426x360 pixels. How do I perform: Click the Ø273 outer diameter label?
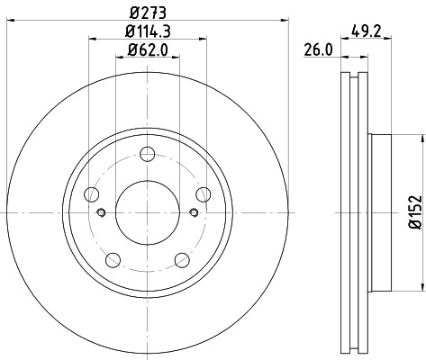pos(149,12)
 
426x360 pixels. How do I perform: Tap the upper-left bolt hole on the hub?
pos(91,193)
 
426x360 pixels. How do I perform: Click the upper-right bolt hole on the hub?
pos(204,193)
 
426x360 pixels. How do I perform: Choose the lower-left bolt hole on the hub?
pos(113,260)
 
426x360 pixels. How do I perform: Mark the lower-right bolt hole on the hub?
pos(184,260)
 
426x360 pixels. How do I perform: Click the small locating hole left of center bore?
pos(102,212)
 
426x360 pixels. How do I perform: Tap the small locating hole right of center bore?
pos(195,212)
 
